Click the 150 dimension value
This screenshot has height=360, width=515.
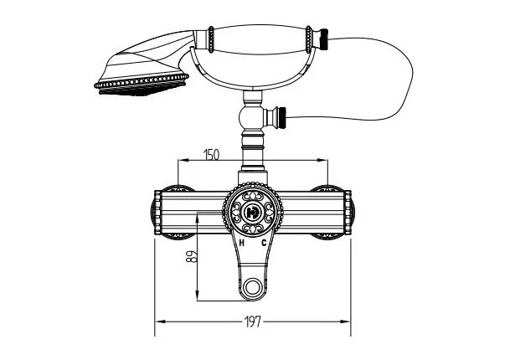tap(211, 154)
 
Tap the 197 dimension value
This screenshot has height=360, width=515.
tap(253, 321)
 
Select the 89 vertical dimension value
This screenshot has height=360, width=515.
tap(192, 256)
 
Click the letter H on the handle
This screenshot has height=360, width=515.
tap(242, 243)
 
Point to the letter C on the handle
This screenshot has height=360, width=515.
tap(264, 243)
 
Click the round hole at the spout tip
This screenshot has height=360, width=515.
tap(253, 287)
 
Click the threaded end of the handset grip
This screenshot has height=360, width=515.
tap(325, 39)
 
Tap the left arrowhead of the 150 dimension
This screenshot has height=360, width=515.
tap(183, 160)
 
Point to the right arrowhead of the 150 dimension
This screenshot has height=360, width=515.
tap(322, 160)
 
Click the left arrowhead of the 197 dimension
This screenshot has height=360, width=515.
tap(160, 321)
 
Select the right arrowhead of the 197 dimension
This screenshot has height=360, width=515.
tap(346, 321)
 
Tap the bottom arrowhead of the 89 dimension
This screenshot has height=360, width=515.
tap(197, 295)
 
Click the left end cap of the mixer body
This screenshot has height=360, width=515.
tap(157, 213)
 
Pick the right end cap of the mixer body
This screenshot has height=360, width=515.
tap(348, 213)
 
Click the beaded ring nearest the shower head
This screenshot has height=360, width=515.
tap(211, 39)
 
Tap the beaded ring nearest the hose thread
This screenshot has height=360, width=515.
tap(309, 39)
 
